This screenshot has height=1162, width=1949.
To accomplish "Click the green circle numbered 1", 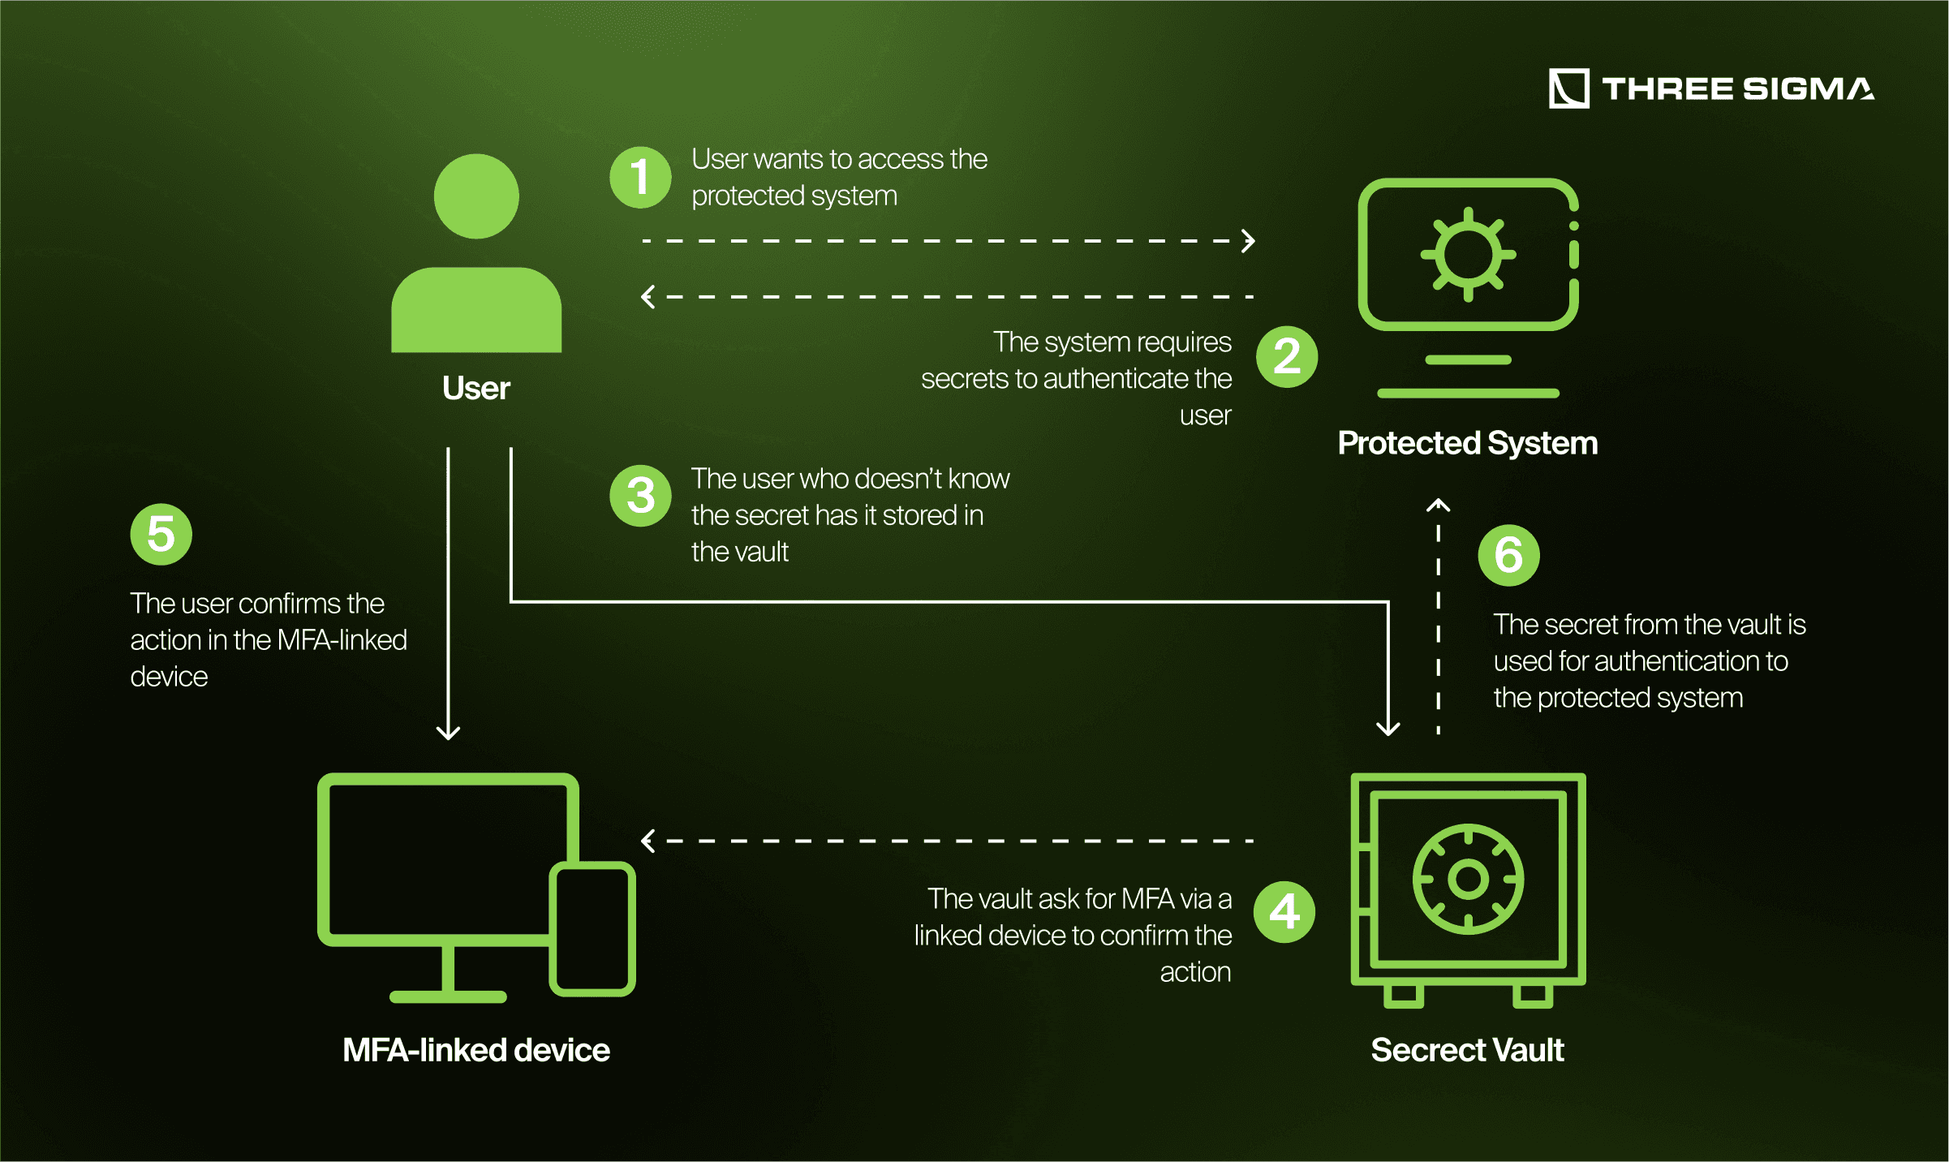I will point(640,177).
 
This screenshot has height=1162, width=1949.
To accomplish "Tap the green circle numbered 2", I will point(1287,356).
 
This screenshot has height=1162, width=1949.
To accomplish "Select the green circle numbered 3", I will point(640,496).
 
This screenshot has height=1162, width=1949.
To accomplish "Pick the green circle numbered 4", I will point(1284,912).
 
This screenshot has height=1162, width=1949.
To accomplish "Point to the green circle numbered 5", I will point(161,534).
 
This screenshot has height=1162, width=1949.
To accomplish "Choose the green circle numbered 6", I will point(1508,555).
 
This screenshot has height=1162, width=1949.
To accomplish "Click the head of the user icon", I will point(476,196).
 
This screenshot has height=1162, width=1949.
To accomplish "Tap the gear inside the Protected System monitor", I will point(1468,255).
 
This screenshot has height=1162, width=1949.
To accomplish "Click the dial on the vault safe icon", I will point(1468,879).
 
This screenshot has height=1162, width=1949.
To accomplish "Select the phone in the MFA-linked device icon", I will point(592,928).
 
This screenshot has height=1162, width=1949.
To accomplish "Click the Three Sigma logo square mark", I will point(1568,88).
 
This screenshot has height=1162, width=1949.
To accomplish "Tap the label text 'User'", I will point(476,388).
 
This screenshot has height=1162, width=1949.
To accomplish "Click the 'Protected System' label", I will point(1467,443).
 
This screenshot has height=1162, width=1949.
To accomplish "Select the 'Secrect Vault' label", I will point(1467,1050).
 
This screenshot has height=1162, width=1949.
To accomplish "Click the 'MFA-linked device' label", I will point(476,1050).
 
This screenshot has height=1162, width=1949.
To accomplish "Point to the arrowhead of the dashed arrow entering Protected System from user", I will point(1250,241).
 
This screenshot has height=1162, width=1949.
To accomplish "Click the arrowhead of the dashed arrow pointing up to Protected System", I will point(1438,505).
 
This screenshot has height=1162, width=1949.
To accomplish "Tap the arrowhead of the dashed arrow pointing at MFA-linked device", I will point(648,841).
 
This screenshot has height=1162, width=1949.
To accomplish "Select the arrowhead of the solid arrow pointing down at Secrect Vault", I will point(1388,728).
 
